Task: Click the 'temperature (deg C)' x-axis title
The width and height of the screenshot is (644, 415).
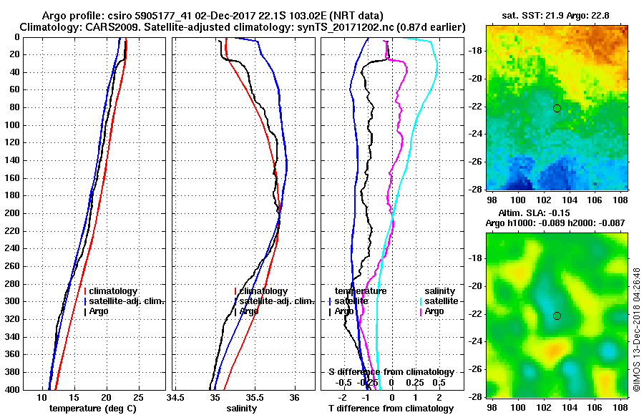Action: pos(92,409)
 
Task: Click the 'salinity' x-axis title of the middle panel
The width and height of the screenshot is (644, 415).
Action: pos(241,409)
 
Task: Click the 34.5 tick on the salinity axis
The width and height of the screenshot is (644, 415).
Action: pos(176,397)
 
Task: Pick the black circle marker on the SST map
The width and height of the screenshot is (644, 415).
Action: pos(557,108)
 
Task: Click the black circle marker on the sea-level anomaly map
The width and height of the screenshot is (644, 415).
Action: pos(557,316)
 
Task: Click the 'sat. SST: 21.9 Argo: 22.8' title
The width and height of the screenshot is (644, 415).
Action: pos(557,14)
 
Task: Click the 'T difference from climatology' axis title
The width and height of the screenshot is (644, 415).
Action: pos(391,409)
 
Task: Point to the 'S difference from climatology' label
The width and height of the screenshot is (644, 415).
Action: pos(391,372)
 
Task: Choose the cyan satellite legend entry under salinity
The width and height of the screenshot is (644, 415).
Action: pos(438,301)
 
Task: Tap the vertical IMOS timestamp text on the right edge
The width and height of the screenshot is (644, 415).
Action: pos(635,330)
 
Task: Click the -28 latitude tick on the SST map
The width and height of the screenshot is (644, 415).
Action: pos(474,189)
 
